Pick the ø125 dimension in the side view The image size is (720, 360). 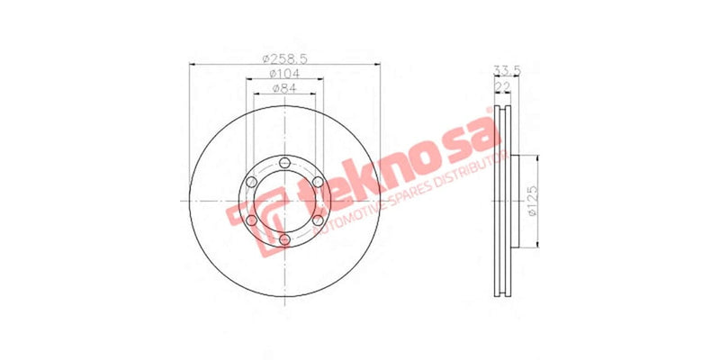pyautogui.click(x=532, y=201)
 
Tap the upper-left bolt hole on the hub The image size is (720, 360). pyautogui.click(x=252, y=182)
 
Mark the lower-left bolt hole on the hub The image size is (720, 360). pyautogui.click(x=252, y=220)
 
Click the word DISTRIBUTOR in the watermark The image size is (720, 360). pyautogui.click(x=463, y=175)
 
